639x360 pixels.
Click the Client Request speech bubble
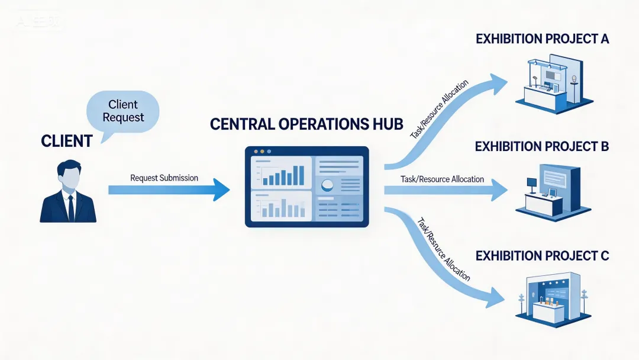coord(122,111)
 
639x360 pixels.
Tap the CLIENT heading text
coord(67,141)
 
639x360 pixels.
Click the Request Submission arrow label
coord(164,178)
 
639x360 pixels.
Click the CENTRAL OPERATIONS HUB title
coord(306,124)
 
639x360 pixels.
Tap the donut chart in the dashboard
coord(327,185)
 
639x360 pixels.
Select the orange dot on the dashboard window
coord(255,152)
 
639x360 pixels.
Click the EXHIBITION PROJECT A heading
coord(542,39)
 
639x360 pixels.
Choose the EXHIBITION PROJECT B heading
coord(542,146)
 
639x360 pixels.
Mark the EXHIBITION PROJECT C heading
coord(542,256)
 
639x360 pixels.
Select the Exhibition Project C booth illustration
coord(551,298)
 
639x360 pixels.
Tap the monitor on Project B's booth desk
coord(532,183)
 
